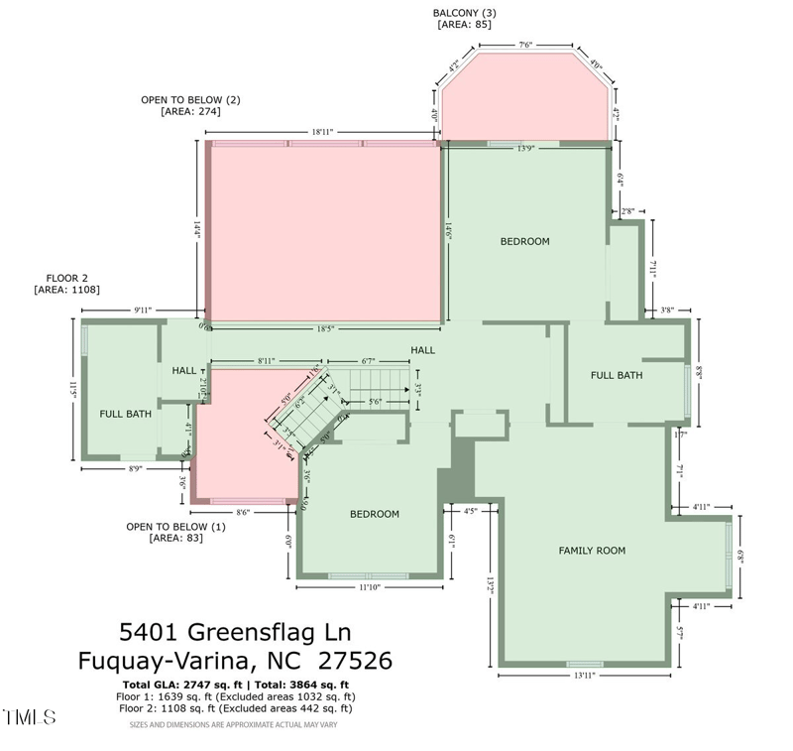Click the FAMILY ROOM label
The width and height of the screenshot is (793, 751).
click(592, 551)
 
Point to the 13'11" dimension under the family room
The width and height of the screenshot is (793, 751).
click(584, 676)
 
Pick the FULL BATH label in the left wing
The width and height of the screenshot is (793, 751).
click(125, 414)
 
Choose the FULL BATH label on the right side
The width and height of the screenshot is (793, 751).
click(617, 375)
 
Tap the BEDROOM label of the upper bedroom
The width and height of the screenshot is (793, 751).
click(524, 241)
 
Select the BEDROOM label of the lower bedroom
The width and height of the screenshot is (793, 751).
click(375, 514)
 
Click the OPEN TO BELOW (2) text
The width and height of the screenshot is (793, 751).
click(190, 100)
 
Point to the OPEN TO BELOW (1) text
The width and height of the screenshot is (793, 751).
click(175, 527)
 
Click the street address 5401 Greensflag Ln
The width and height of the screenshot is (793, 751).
click(235, 631)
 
